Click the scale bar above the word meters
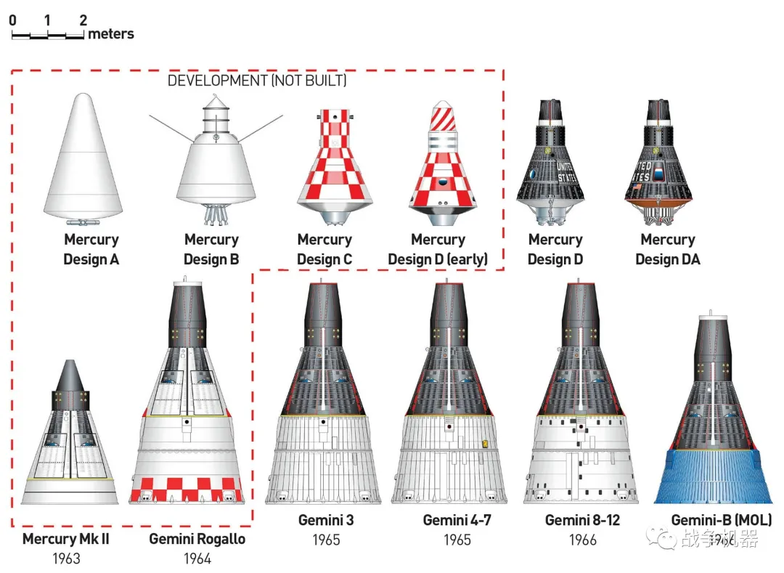(x=48, y=35)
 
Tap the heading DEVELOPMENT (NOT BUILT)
(x=257, y=81)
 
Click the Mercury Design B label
(x=211, y=249)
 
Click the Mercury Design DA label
(x=668, y=249)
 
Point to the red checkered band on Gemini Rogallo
(x=187, y=484)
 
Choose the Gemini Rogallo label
(x=197, y=539)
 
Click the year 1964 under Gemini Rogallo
(x=197, y=558)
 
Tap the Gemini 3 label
(x=327, y=520)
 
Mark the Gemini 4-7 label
(x=457, y=520)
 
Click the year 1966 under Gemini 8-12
(x=583, y=540)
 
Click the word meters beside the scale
(x=111, y=33)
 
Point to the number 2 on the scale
(x=83, y=20)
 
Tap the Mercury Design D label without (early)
(x=555, y=249)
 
